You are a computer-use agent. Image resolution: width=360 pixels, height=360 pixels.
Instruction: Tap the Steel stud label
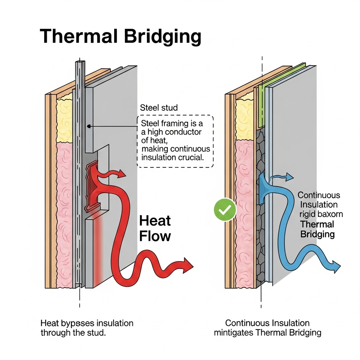(x=159, y=108)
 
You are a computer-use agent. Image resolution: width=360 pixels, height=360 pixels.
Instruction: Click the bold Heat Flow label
(x=155, y=229)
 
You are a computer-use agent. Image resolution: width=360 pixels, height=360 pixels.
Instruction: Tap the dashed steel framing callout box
(x=175, y=141)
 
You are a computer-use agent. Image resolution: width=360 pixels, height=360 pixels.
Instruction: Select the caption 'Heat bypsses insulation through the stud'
(x=87, y=328)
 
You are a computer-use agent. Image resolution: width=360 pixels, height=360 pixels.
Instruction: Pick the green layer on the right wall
(x=262, y=105)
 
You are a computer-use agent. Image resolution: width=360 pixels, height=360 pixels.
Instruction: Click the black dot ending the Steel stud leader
(x=89, y=126)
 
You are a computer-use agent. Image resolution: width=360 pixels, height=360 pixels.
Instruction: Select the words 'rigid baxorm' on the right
(x=321, y=214)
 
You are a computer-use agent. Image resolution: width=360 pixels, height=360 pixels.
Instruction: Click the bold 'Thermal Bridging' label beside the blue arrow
(x=317, y=229)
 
